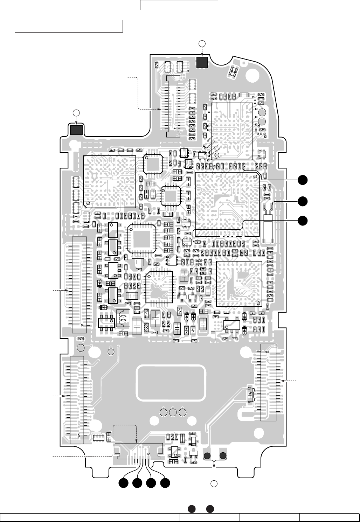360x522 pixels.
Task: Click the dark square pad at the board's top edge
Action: (x=202, y=62)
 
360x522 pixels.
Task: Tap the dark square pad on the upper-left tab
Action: (x=76, y=130)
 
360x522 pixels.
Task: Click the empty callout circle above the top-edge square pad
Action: (x=202, y=43)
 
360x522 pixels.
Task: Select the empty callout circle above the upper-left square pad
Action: (x=76, y=112)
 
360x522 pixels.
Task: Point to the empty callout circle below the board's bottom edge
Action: (x=215, y=484)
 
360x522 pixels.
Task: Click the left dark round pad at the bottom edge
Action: (x=207, y=456)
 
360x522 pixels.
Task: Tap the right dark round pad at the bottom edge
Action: (x=223, y=456)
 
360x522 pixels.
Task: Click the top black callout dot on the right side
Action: (x=303, y=179)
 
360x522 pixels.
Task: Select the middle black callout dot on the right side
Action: (x=303, y=201)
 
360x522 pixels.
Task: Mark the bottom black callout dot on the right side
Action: (x=303, y=221)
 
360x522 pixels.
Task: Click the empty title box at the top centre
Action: (x=179, y=5)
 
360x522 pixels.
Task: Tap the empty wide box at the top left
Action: (x=69, y=26)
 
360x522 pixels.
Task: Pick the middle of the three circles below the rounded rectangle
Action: (x=173, y=412)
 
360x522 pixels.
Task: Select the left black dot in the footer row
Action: (x=192, y=509)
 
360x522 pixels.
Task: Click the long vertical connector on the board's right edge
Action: (x=269, y=382)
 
